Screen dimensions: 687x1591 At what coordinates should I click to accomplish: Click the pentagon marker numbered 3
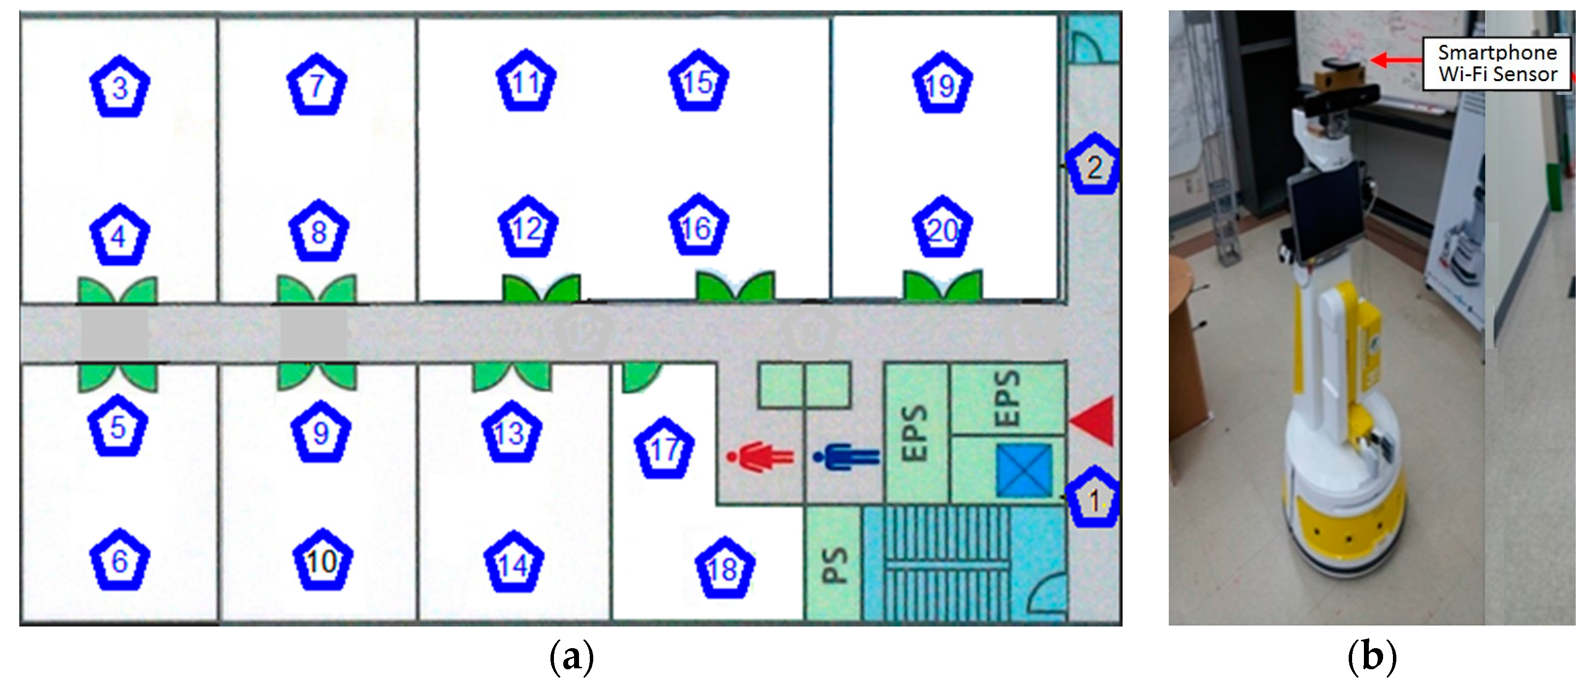pos(120,87)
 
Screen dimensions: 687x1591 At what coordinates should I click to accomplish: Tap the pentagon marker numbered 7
pos(317,85)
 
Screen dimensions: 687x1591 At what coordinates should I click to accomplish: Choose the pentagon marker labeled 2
pos(1094,166)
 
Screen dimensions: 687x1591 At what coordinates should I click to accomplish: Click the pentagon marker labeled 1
pos(1094,499)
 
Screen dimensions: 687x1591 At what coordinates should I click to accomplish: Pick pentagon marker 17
pos(665,449)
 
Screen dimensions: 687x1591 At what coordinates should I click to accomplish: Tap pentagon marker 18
pos(724,569)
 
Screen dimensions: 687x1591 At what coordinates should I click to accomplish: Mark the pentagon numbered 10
pos(322,561)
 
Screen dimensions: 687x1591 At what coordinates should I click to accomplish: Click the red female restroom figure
pos(760,457)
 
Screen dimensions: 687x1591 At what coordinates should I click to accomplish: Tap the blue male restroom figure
pos(846,457)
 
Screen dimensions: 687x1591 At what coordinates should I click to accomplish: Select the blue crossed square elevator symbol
pos(1023,470)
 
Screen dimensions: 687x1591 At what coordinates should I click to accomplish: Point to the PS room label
pos(833,566)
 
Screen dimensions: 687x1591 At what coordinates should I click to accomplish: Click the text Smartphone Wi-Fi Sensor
pos(1497,63)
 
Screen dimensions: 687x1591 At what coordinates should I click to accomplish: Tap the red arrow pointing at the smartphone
pos(1396,60)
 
